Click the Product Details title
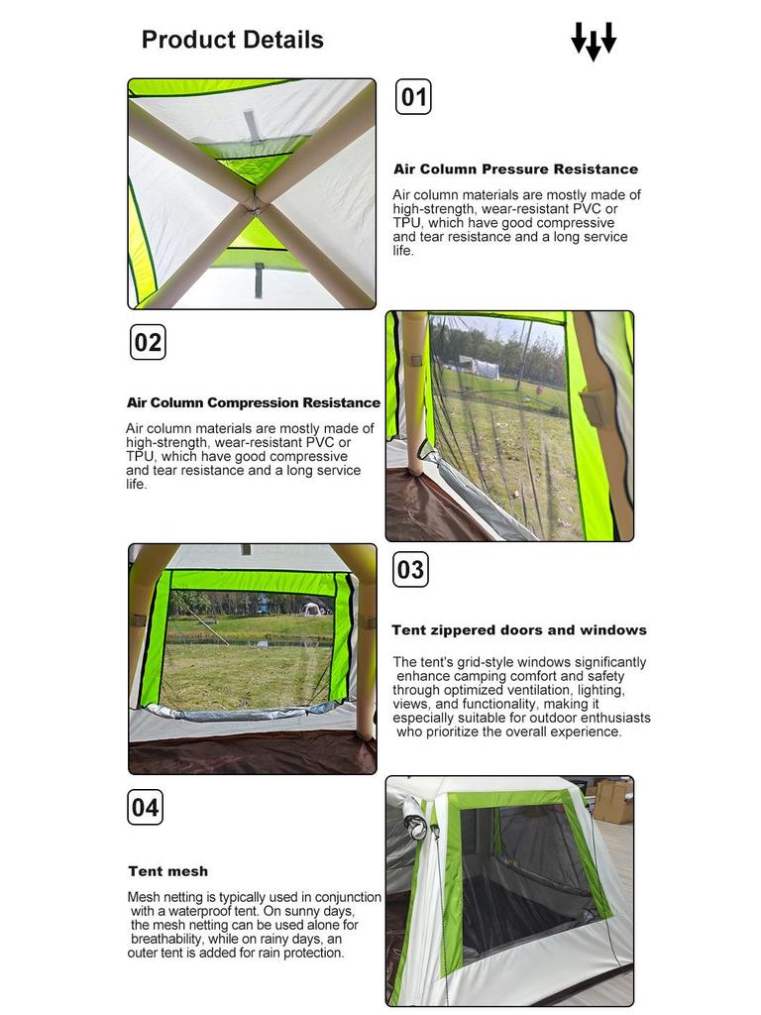pyautogui.click(x=232, y=40)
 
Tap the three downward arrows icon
pyautogui.click(x=594, y=41)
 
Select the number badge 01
pyautogui.click(x=413, y=97)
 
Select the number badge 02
pyautogui.click(x=148, y=342)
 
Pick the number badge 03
pyautogui.click(x=410, y=570)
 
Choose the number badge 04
pyautogui.click(x=145, y=807)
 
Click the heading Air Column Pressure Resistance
pyautogui.click(x=515, y=169)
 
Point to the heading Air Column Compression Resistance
pyautogui.click(x=254, y=402)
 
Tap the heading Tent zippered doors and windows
pyautogui.click(x=519, y=629)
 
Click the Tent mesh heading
pyautogui.click(x=168, y=871)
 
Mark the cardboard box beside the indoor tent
pyautogui.click(x=611, y=800)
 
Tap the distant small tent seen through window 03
pyautogui.click(x=313, y=609)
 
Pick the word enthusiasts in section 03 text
pyautogui.click(x=618, y=718)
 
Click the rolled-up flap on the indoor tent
pyautogui.click(x=415, y=820)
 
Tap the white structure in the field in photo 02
pyautogui.click(x=479, y=366)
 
